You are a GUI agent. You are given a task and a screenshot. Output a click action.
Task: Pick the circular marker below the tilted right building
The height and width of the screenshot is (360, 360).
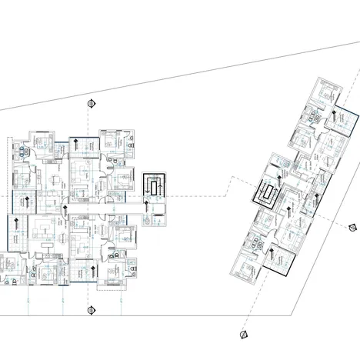pos(242,335)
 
